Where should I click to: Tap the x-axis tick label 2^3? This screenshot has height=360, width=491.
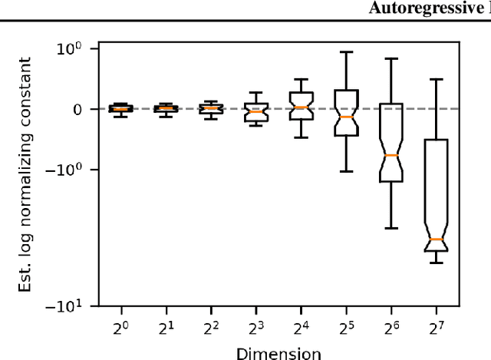point(257,327)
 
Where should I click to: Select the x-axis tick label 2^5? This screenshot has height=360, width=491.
point(347,327)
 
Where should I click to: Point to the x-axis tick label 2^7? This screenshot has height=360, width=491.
point(437,327)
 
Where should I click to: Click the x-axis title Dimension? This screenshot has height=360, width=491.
point(278,353)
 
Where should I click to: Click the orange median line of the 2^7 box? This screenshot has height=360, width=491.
point(437,239)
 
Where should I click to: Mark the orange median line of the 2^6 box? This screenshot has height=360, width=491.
point(391,156)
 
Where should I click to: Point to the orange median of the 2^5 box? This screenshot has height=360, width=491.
point(347,117)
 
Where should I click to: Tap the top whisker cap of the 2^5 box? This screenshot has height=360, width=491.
point(347,52)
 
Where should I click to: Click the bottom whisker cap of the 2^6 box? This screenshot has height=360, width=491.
point(391,228)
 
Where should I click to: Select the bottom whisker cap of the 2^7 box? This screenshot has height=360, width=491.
point(437,263)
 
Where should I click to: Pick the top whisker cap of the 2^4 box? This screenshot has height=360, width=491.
point(302,79)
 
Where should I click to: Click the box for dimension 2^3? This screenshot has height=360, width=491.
point(257,112)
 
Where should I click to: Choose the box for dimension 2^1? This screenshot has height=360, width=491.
point(166,109)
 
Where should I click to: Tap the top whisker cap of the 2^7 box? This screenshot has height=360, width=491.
point(437,79)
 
